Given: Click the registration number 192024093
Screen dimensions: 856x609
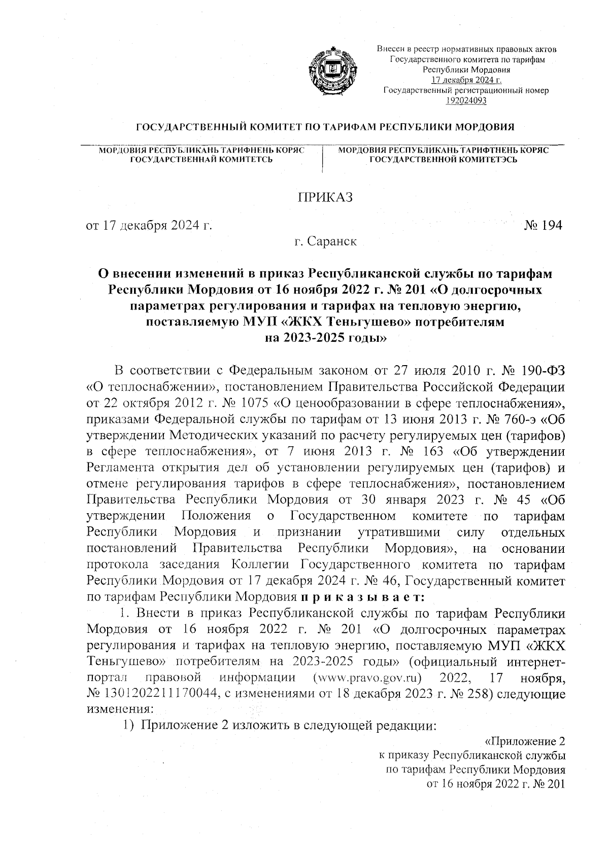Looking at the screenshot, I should point(466,100).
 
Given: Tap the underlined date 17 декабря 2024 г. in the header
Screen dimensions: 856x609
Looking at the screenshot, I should point(466,81).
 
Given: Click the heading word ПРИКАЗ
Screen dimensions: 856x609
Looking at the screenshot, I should point(324,197).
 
